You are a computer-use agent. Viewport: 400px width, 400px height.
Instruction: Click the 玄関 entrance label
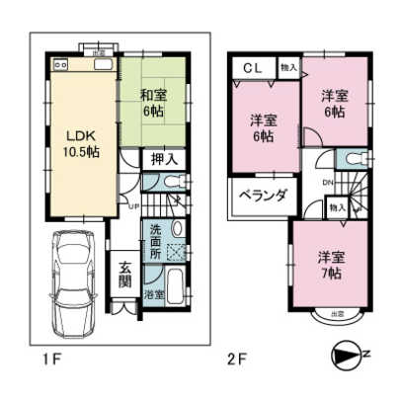[126, 273]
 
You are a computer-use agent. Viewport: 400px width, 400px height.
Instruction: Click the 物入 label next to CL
[287, 68]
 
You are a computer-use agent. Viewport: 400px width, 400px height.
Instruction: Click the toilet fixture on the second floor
[354, 160]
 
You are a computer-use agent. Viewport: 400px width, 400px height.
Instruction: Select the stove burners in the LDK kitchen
[58, 65]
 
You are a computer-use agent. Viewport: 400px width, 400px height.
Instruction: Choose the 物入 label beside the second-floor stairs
[337, 207]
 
